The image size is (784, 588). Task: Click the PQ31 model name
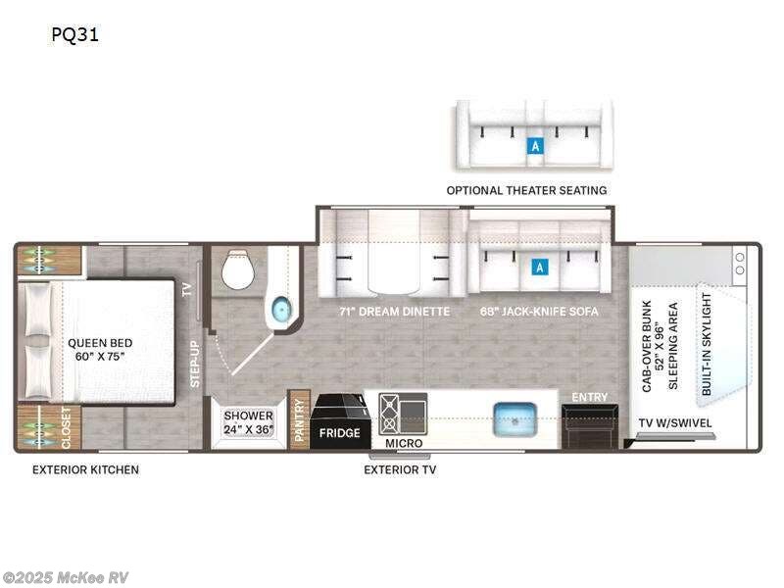point(75,34)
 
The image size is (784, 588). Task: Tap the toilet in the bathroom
point(238,269)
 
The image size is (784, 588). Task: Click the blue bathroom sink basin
point(281,310)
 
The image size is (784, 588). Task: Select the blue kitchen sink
point(515,419)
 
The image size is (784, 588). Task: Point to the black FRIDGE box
point(339,422)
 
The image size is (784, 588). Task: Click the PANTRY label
point(300,419)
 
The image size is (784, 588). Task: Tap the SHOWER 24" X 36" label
point(249,422)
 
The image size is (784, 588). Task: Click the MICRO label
point(404,444)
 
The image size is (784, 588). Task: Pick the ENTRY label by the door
point(590,397)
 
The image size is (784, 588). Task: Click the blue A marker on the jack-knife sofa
point(540,267)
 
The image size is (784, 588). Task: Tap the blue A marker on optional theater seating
point(535,146)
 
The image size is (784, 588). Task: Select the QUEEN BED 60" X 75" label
point(100,350)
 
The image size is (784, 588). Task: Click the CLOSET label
point(66,428)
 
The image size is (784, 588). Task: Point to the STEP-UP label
point(195,364)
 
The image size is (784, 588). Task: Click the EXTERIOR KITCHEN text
point(85,469)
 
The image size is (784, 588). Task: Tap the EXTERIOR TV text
point(400,469)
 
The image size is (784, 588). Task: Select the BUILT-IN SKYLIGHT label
point(706,344)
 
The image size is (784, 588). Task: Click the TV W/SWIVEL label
point(675,423)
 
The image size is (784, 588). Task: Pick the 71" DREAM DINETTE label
point(395,312)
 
